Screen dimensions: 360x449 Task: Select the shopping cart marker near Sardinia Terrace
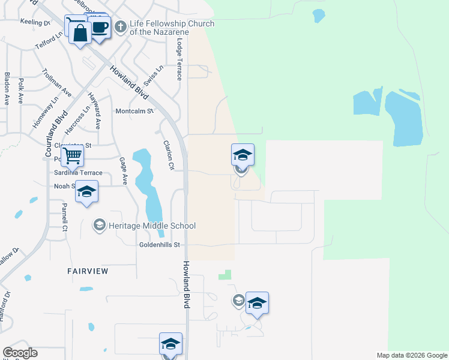72,155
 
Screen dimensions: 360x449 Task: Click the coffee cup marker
100,27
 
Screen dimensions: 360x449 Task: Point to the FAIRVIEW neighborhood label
88,271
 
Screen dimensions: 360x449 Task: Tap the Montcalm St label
134,111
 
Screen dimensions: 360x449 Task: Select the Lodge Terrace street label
179,60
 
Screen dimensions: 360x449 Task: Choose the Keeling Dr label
35,23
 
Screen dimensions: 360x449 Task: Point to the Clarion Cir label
169,155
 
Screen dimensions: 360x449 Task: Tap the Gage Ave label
124,170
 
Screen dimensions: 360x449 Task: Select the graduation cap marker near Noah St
87,192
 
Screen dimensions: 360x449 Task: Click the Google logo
20,353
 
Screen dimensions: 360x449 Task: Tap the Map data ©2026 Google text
411,355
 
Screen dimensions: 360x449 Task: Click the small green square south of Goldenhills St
224,274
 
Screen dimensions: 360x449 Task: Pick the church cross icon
120,26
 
